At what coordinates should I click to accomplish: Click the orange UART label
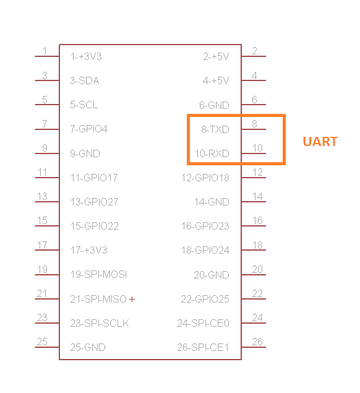coord(320,142)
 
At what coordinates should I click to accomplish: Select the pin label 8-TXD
coord(215,129)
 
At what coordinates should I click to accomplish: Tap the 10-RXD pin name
coord(212,153)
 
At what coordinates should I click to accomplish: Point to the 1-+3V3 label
coord(86,57)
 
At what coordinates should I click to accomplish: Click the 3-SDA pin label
coord(85,80)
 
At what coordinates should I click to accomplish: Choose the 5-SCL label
coord(84,105)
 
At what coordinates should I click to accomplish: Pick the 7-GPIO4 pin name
coord(88,129)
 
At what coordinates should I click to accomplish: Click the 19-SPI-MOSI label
coord(99,274)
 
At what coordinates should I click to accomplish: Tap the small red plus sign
coord(132,299)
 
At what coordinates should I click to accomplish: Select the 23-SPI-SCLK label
coord(100,323)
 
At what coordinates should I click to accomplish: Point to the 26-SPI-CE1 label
coord(203,347)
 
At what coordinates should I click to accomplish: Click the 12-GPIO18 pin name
coord(205,178)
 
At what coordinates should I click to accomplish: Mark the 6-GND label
coord(214,105)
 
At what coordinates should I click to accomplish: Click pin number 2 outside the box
coord(254,51)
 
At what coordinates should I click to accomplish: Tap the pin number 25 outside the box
coord(42,342)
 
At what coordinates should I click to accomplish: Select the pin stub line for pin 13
coord(47,202)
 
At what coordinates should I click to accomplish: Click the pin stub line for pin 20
coord(254,275)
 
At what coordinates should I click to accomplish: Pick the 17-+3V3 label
coord(88,251)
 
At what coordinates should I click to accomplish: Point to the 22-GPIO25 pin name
coord(205,299)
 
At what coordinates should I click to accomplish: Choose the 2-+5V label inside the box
coord(216,57)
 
